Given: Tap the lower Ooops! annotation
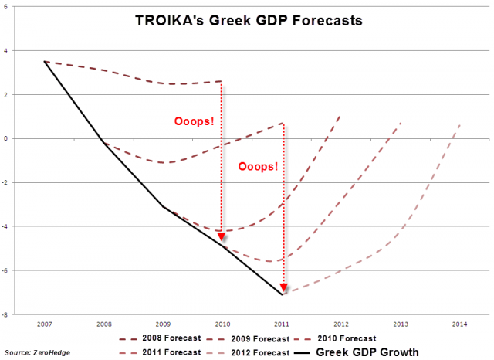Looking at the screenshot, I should click(257, 165).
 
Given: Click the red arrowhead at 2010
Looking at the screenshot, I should click(222, 236).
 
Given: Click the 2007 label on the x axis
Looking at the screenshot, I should click(45, 323).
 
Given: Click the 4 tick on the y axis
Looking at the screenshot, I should click(7, 51).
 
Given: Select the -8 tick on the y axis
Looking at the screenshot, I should click(6, 315).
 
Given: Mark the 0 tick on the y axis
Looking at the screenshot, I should click(7, 139).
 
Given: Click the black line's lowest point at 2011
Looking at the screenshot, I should click(283, 294).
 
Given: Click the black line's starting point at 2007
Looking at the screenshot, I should click(45, 61).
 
